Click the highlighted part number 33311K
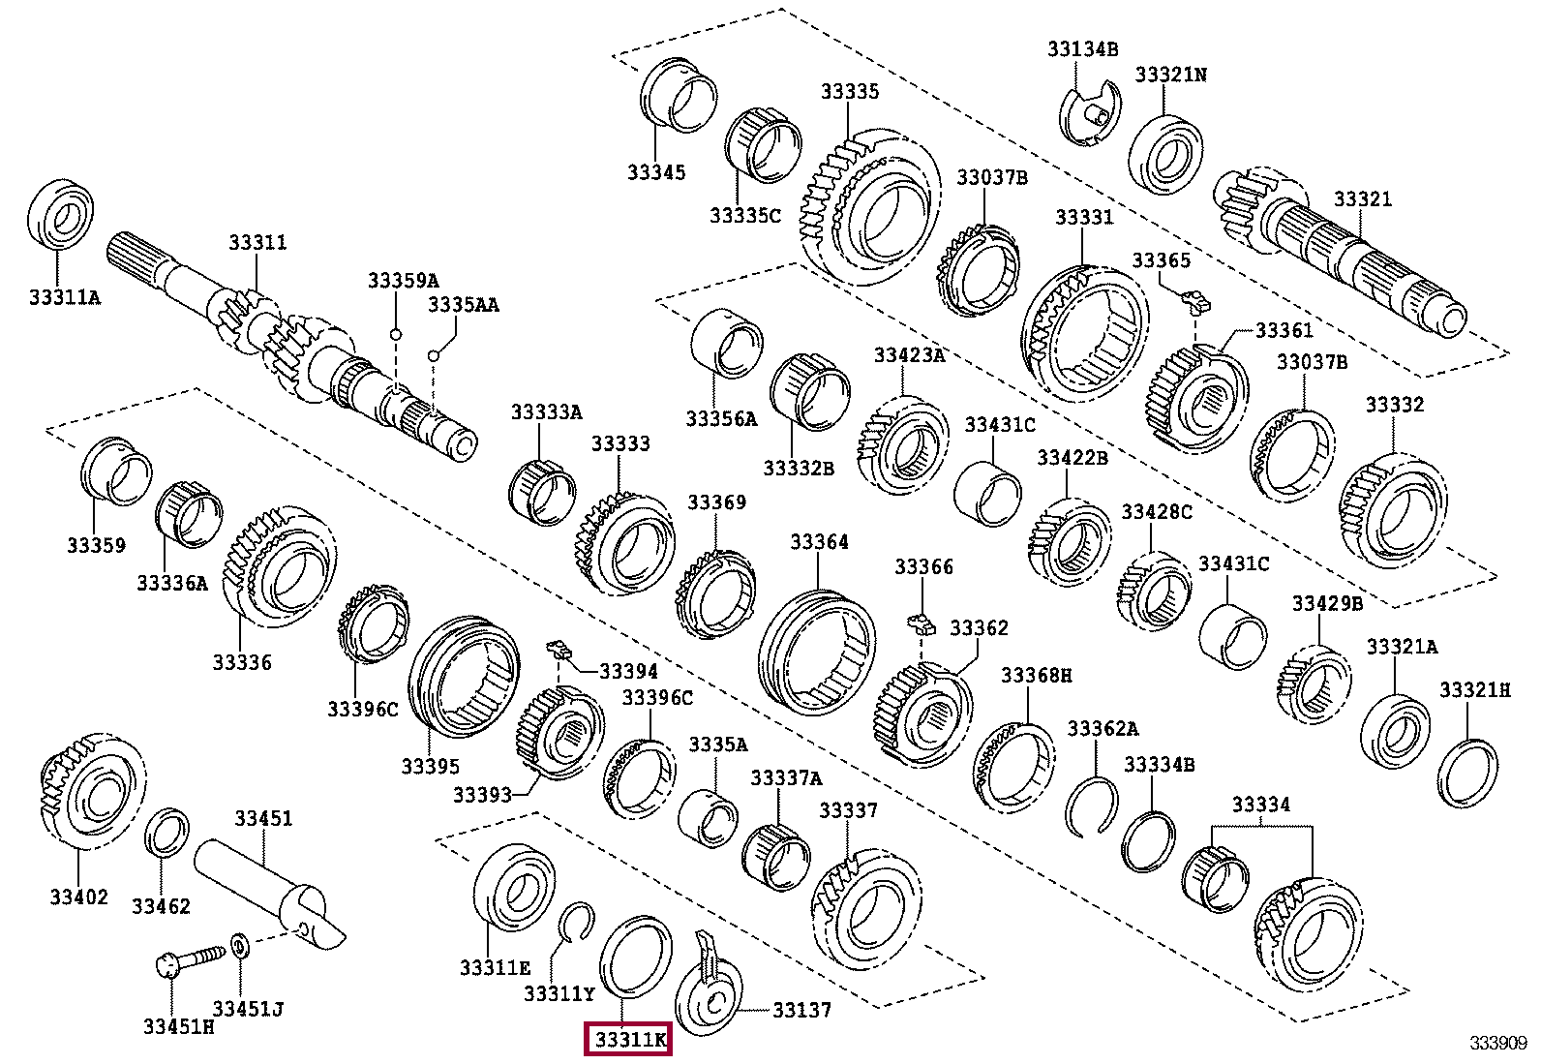629,1040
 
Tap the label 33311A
64,297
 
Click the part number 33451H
178,1026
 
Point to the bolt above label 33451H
188,959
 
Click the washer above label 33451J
240,944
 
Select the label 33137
801,1010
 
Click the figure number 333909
1497,1042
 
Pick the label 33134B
1082,48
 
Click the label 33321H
1474,689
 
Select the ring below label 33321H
1467,772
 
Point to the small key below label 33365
1197,300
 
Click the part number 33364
819,541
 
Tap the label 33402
79,897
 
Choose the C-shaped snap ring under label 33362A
1092,805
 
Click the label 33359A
403,280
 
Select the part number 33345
655,172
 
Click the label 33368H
1036,674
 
